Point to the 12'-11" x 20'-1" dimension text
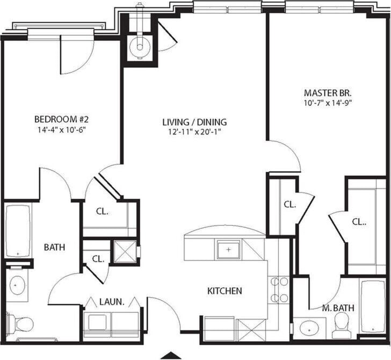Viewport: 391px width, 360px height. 194,131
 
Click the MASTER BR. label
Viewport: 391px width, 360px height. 327,92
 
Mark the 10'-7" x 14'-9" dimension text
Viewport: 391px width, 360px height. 327,102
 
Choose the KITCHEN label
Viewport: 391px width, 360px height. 225,291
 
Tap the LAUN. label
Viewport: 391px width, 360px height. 112,302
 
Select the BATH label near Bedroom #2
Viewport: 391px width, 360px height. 54,248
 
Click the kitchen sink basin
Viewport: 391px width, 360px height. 228,249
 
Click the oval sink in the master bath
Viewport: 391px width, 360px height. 308,327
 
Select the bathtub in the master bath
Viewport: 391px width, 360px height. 373,307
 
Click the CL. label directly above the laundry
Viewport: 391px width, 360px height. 97,258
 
